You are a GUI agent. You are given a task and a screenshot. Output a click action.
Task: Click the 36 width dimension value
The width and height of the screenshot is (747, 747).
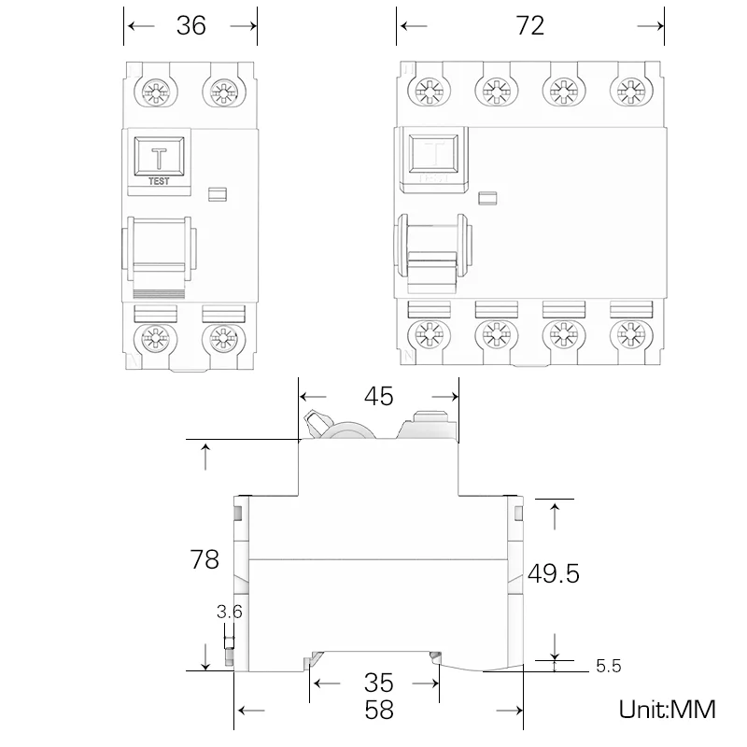point(190,25)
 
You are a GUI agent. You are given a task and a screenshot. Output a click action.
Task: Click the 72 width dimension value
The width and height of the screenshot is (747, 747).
point(529,25)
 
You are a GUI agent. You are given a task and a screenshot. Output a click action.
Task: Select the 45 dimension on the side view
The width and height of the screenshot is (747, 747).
point(377,397)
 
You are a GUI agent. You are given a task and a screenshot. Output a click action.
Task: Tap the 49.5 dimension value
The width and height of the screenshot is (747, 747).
point(554,572)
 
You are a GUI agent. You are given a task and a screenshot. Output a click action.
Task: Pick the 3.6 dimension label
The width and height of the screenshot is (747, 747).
point(229,613)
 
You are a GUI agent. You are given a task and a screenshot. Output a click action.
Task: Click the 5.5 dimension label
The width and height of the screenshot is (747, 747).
point(607,666)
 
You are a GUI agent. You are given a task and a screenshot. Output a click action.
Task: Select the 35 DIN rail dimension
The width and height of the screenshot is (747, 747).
point(377,682)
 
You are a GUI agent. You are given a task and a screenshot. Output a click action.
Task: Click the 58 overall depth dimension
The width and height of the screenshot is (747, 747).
point(377,710)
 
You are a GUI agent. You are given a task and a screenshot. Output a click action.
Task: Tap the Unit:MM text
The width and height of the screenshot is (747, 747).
point(667,709)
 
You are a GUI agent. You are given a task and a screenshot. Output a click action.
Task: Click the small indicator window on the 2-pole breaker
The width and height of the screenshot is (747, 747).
point(218,194)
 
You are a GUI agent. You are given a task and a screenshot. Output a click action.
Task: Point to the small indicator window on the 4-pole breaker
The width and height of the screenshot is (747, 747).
point(486,197)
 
